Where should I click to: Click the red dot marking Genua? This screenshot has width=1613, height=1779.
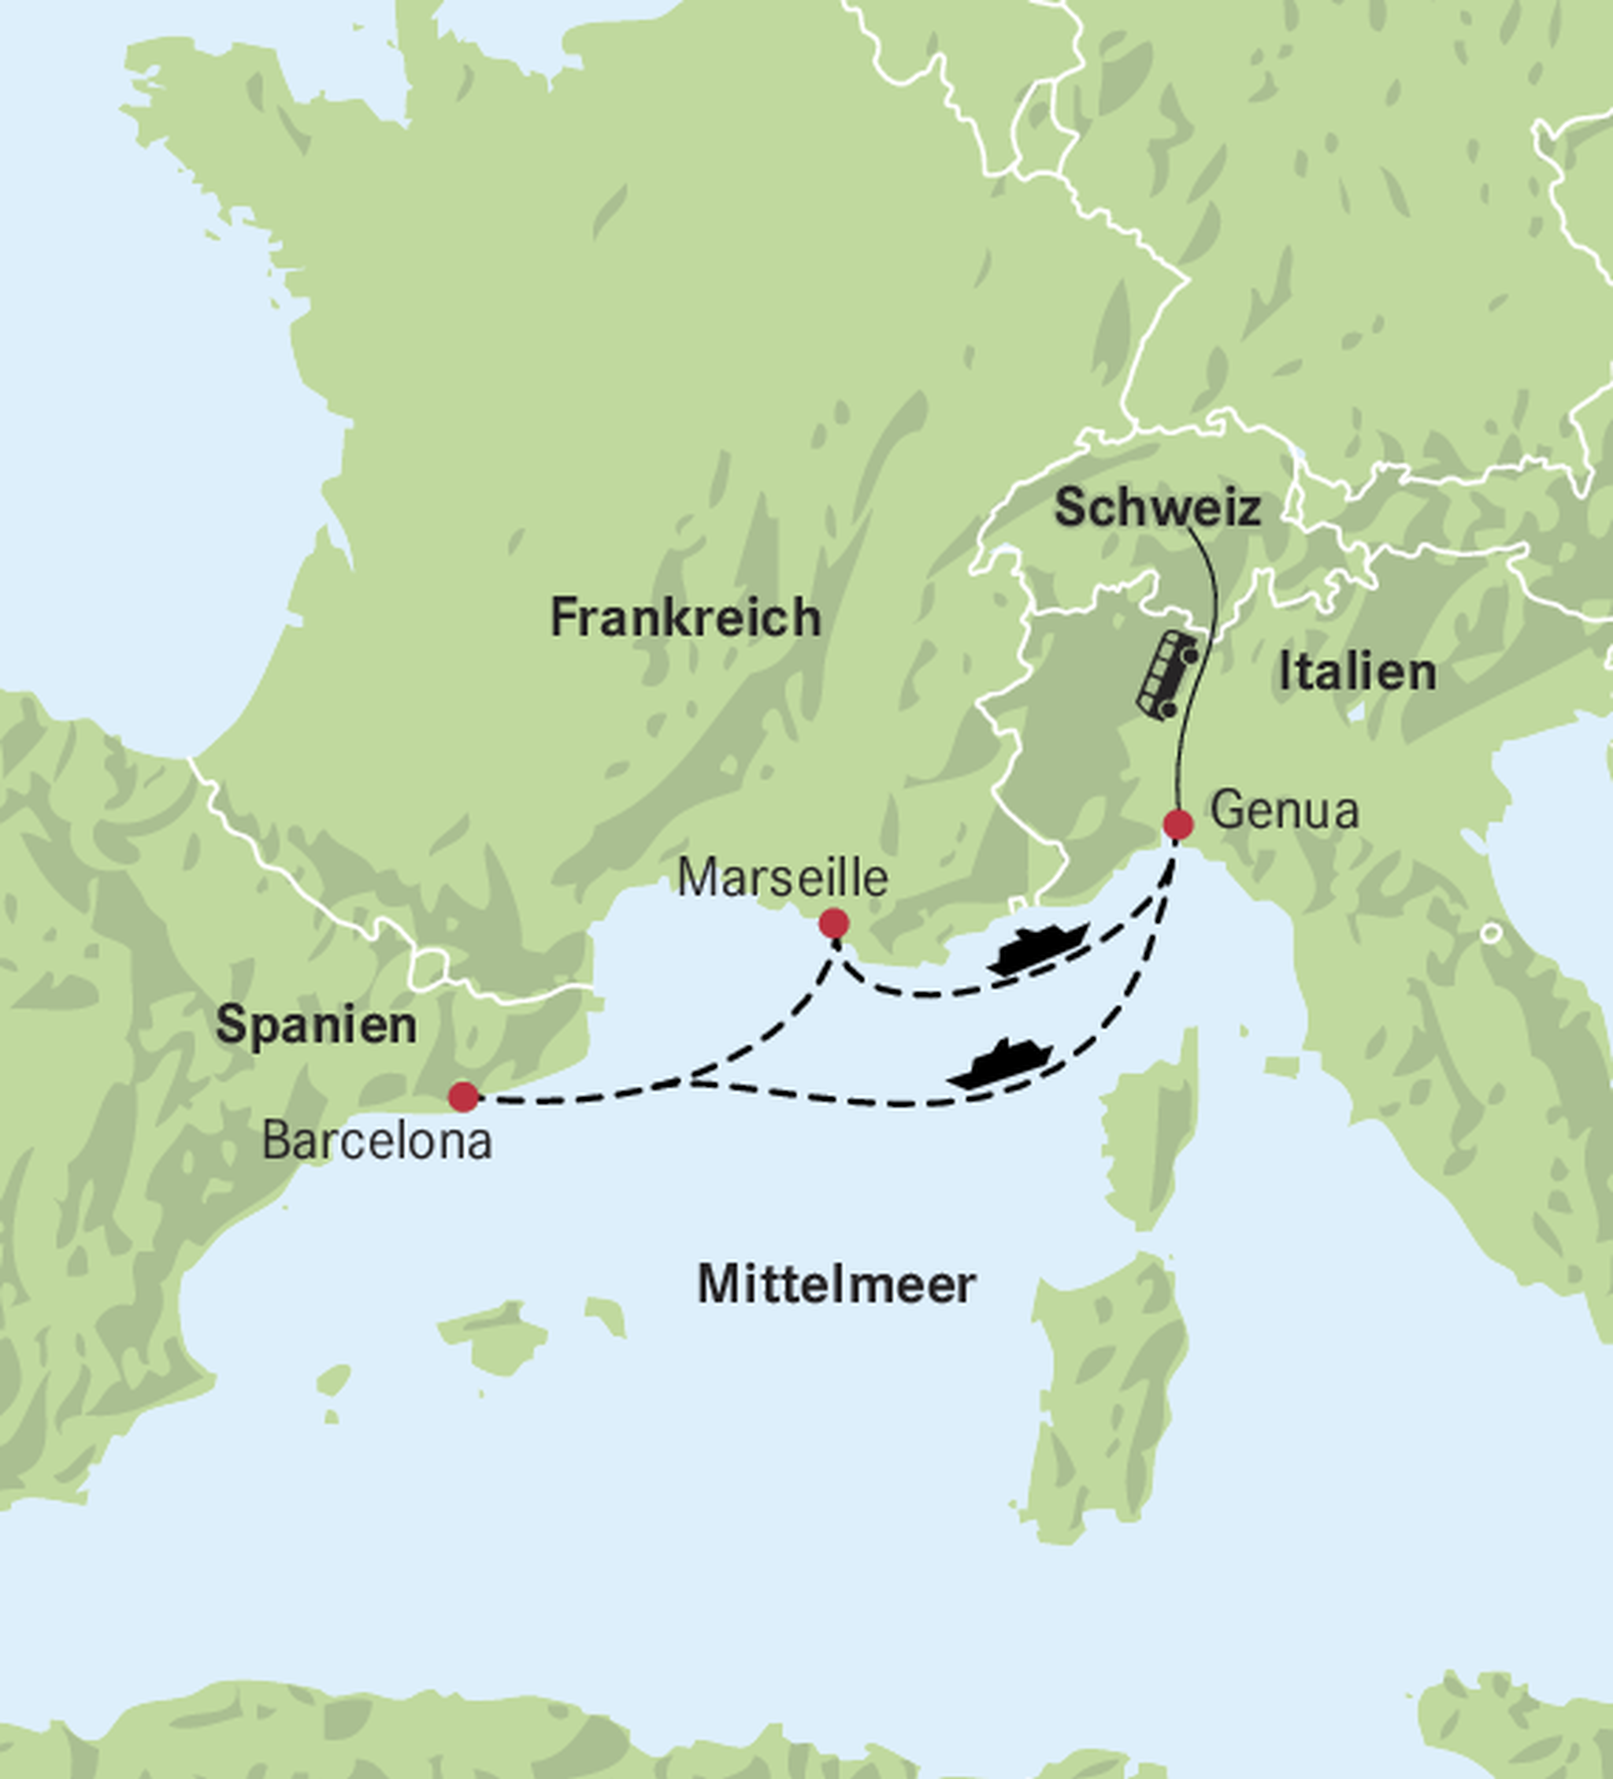[1177, 825]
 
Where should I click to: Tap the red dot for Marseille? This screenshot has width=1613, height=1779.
[834, 923]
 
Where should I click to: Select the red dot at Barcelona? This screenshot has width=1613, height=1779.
[463, 1097]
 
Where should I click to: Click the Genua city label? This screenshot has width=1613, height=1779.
[1284, 810]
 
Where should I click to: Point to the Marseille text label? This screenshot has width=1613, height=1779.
[783, 878]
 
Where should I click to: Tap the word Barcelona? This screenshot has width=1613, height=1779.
[376, 1142]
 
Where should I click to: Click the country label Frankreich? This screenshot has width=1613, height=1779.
[686, 617]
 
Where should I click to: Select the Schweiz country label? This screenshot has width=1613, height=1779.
[1157, 508]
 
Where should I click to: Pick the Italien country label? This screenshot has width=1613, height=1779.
[1357, 673]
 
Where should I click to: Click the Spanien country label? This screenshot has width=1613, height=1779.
[316, 1025]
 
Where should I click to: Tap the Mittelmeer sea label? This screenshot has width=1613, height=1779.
[836, 1285]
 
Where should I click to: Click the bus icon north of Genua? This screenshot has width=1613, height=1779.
[1166, 675]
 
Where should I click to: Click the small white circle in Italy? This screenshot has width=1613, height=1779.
[1490, 932]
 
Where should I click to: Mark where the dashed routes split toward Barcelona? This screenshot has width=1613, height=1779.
[692, 1080]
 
